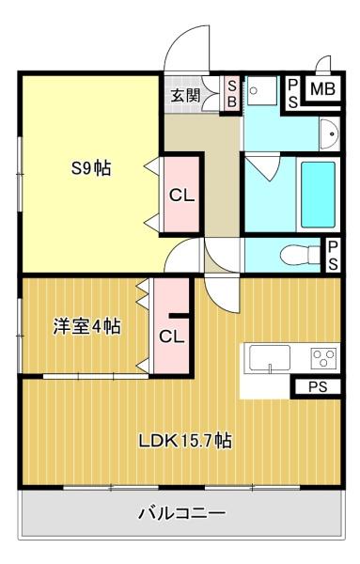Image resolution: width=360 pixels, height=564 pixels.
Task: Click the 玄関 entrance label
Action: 185,96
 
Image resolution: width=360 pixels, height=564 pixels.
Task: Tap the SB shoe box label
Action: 232,94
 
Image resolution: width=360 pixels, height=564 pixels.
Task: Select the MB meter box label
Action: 322,89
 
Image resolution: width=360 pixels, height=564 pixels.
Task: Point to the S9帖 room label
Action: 91,168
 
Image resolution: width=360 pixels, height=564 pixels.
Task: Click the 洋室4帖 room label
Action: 86,326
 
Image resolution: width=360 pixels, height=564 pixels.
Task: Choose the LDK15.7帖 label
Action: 185,440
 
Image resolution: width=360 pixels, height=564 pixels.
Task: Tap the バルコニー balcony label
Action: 182,513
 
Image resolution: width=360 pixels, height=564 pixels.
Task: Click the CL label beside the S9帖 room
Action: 182,196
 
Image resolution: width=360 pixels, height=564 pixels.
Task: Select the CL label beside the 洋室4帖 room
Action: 172,337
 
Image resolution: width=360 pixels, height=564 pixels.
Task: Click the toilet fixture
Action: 299,255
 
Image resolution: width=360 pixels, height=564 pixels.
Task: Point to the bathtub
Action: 318,195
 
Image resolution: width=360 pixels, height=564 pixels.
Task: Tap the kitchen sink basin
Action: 270,357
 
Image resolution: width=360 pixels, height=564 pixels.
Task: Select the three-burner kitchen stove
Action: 323,358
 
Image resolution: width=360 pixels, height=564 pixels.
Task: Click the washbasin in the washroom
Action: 329,134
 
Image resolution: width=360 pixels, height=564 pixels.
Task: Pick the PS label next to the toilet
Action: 333,256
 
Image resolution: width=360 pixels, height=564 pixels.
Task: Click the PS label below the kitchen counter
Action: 318,387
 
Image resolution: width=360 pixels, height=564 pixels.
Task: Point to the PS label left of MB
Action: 293,94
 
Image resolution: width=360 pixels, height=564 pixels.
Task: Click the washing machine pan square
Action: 262,90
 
